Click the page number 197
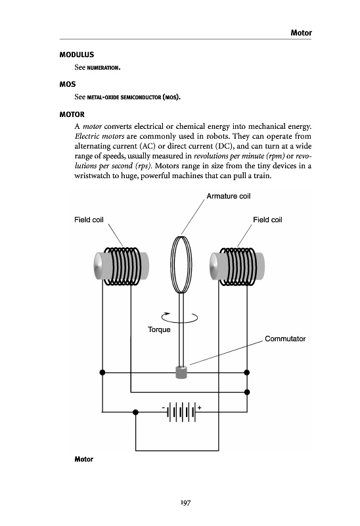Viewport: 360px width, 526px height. tap(185, 502)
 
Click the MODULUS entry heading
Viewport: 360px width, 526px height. tap(77, 55)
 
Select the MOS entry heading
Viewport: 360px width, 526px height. tap(68, 84)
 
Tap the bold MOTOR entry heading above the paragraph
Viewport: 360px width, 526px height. tap(72, 114)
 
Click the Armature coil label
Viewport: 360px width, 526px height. tap(228, 196)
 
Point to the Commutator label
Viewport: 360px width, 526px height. tap(285, 339)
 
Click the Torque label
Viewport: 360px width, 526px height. tap(159, 330)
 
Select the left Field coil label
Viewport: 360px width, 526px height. tap(89, 220)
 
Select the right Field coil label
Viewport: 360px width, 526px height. tap(267, 220)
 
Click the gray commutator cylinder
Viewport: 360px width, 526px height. tap(181, 372)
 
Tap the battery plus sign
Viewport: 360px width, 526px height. tap(200, 408)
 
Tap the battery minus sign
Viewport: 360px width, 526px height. tap(163, 408)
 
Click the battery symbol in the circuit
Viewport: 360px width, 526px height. tap(181, 412)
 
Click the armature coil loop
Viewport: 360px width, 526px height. tap(171, 265)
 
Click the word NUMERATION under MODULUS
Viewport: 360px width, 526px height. tap(102, 68)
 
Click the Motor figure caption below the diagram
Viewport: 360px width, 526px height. tap(84, 459)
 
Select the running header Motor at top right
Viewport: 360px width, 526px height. tap(302, 33)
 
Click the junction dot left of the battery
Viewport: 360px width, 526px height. tap(135, 412)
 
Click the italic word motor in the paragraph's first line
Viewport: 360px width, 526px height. tap(92, 126)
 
